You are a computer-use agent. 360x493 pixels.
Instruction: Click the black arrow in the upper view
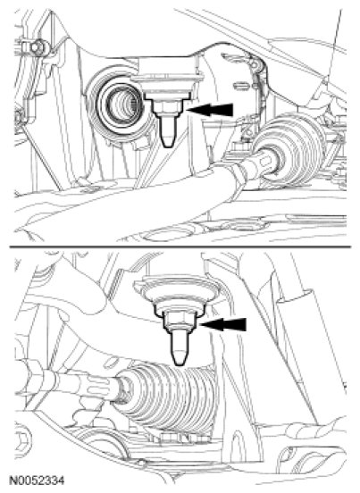(210, 110)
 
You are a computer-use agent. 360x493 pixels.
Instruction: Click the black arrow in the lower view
(222, 324)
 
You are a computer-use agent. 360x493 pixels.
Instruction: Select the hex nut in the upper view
(168, 107)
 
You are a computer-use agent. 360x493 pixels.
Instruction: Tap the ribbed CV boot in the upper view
(291, 151)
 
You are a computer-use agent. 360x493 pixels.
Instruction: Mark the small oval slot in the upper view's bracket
(241, 86)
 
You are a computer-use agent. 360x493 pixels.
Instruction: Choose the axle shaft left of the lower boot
(68, 382)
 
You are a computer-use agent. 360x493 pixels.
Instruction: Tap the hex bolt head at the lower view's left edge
(22, 439)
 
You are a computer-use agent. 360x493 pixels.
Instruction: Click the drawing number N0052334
(37, 480)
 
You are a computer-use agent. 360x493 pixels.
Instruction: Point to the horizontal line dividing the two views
(180, 246)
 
